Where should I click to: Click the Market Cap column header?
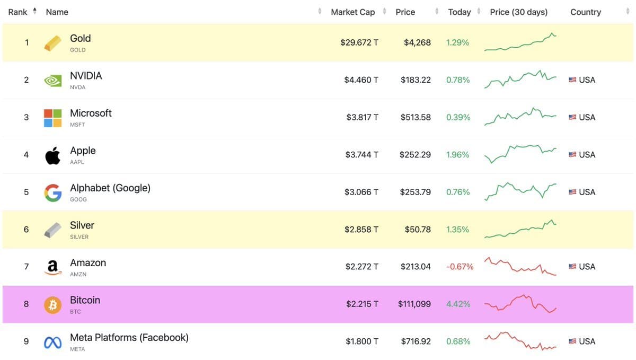352,12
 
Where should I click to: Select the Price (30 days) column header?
518,12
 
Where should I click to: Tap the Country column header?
585,12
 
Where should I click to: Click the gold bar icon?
52,43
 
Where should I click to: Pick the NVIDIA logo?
52,80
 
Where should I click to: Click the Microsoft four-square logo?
52,118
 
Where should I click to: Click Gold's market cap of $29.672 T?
359,42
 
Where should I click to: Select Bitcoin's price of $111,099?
414,304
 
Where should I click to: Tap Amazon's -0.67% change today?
460,267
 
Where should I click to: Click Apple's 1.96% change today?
457,155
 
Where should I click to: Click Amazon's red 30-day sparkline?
520,266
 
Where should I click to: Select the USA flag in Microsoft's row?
572,117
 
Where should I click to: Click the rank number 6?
26,230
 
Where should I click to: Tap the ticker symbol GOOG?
78,200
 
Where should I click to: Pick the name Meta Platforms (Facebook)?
129,337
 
